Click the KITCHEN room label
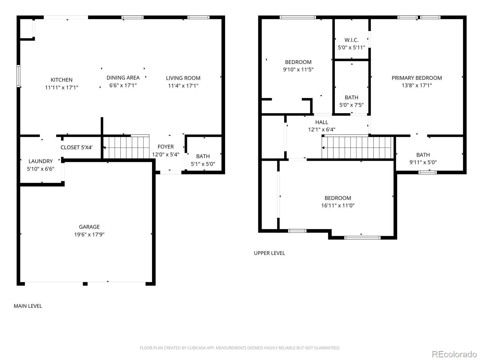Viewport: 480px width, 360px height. [x=61, y=80]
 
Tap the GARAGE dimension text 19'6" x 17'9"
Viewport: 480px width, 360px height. [x=89, y=235]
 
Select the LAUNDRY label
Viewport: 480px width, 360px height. [x=41, y=161]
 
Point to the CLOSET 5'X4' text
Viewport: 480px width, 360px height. [x=76, y=147]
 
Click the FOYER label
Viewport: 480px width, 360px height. [x=166, y=147]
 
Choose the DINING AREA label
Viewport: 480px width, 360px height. [x=123, y=78]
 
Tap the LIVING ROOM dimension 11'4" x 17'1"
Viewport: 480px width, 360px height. [x=183, y=86]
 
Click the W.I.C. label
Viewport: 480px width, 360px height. [x=351, y=40]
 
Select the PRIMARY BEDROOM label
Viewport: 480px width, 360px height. [x=417, y=78]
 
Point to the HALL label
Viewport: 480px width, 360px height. [x=322, y=122]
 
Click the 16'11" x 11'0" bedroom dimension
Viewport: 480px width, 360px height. [x=338, y=205]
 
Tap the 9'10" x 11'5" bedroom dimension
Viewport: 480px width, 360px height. [x=298, y=70]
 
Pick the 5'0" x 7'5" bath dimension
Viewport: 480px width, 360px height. [x=351, y=105]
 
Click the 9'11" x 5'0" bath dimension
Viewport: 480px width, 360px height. [x=423, y=162]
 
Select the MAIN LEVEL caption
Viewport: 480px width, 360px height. [x=28, y=306]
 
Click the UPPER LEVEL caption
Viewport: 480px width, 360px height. [x=269, y=253]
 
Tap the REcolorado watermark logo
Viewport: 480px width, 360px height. [x=454, y=354]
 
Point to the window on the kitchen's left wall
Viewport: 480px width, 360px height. [x=18, y=76]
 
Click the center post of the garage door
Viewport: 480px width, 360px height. [x=85, y=284]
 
